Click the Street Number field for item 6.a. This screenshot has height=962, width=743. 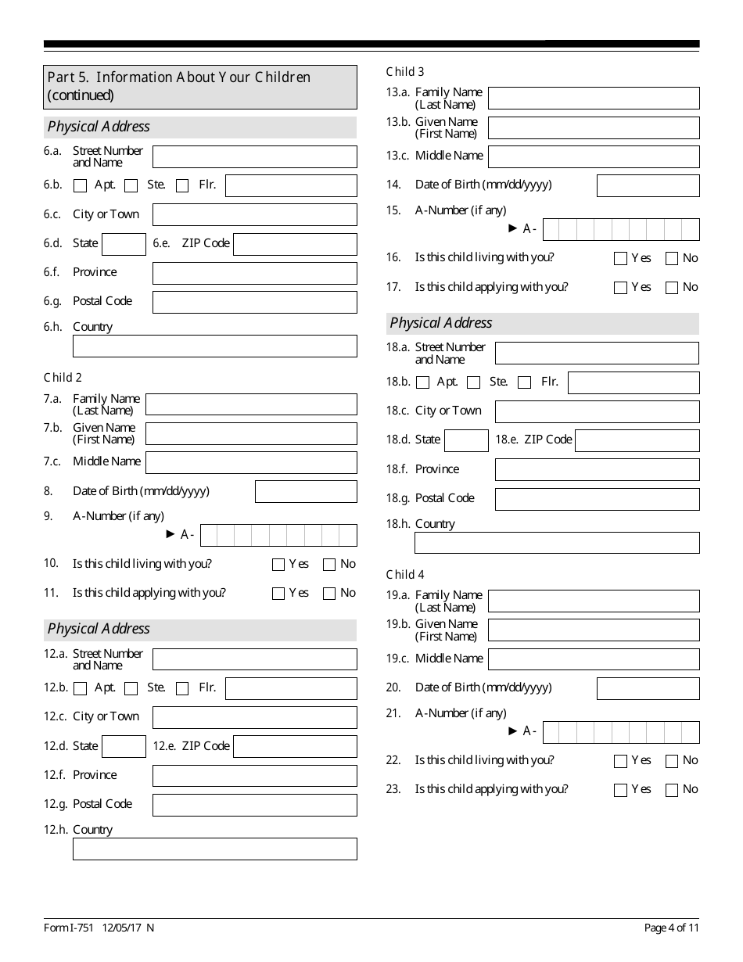[x=254, y=156]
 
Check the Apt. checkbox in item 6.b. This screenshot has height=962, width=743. [x=80, y=186]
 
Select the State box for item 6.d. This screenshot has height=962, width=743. [x=124, y=244]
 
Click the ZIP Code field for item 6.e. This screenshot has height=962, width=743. [x=295, y=244]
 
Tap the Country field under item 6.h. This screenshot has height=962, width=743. [x=214, y=346]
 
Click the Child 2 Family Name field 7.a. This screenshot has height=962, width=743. [x=251, y=404]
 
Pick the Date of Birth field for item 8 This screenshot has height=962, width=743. [x=306, y=492]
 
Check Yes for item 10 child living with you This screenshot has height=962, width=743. [x=278, y=565]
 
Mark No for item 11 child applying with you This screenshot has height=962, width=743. [x=329, y=594]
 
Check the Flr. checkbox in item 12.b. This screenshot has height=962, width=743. [x=182, y=689]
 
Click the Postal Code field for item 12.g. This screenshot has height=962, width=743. [x=254, y=805]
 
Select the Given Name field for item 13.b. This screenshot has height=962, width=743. [x=594, y=127]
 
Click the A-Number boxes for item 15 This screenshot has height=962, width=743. [x=621, y=229]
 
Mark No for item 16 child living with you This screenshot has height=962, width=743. [x=672, y=259]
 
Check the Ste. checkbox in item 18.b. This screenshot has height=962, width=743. [x=473, y=382]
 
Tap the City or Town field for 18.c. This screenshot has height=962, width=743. [x=597, y=411]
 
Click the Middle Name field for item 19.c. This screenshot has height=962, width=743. [x=594, y=659]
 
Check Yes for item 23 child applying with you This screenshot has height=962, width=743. [x=621, y=790]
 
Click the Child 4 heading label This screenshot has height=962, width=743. [x=405, y=575]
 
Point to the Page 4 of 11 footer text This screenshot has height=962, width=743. [x=671, y=928]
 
